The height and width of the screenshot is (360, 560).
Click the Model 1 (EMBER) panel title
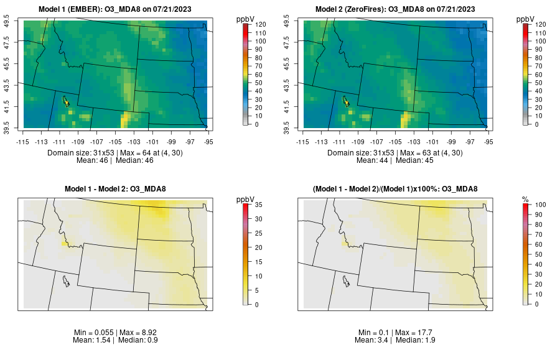pos(118,9)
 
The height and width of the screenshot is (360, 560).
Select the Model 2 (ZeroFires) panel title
pos(398,9)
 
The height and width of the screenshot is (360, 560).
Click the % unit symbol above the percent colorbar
pos(525,199)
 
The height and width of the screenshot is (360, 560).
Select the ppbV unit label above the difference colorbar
pos(245,199)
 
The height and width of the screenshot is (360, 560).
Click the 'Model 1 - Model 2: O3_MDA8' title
pos(118,189)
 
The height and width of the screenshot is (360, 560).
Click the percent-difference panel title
pos(398,189)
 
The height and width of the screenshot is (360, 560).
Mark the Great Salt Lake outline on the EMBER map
pos(65,101)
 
